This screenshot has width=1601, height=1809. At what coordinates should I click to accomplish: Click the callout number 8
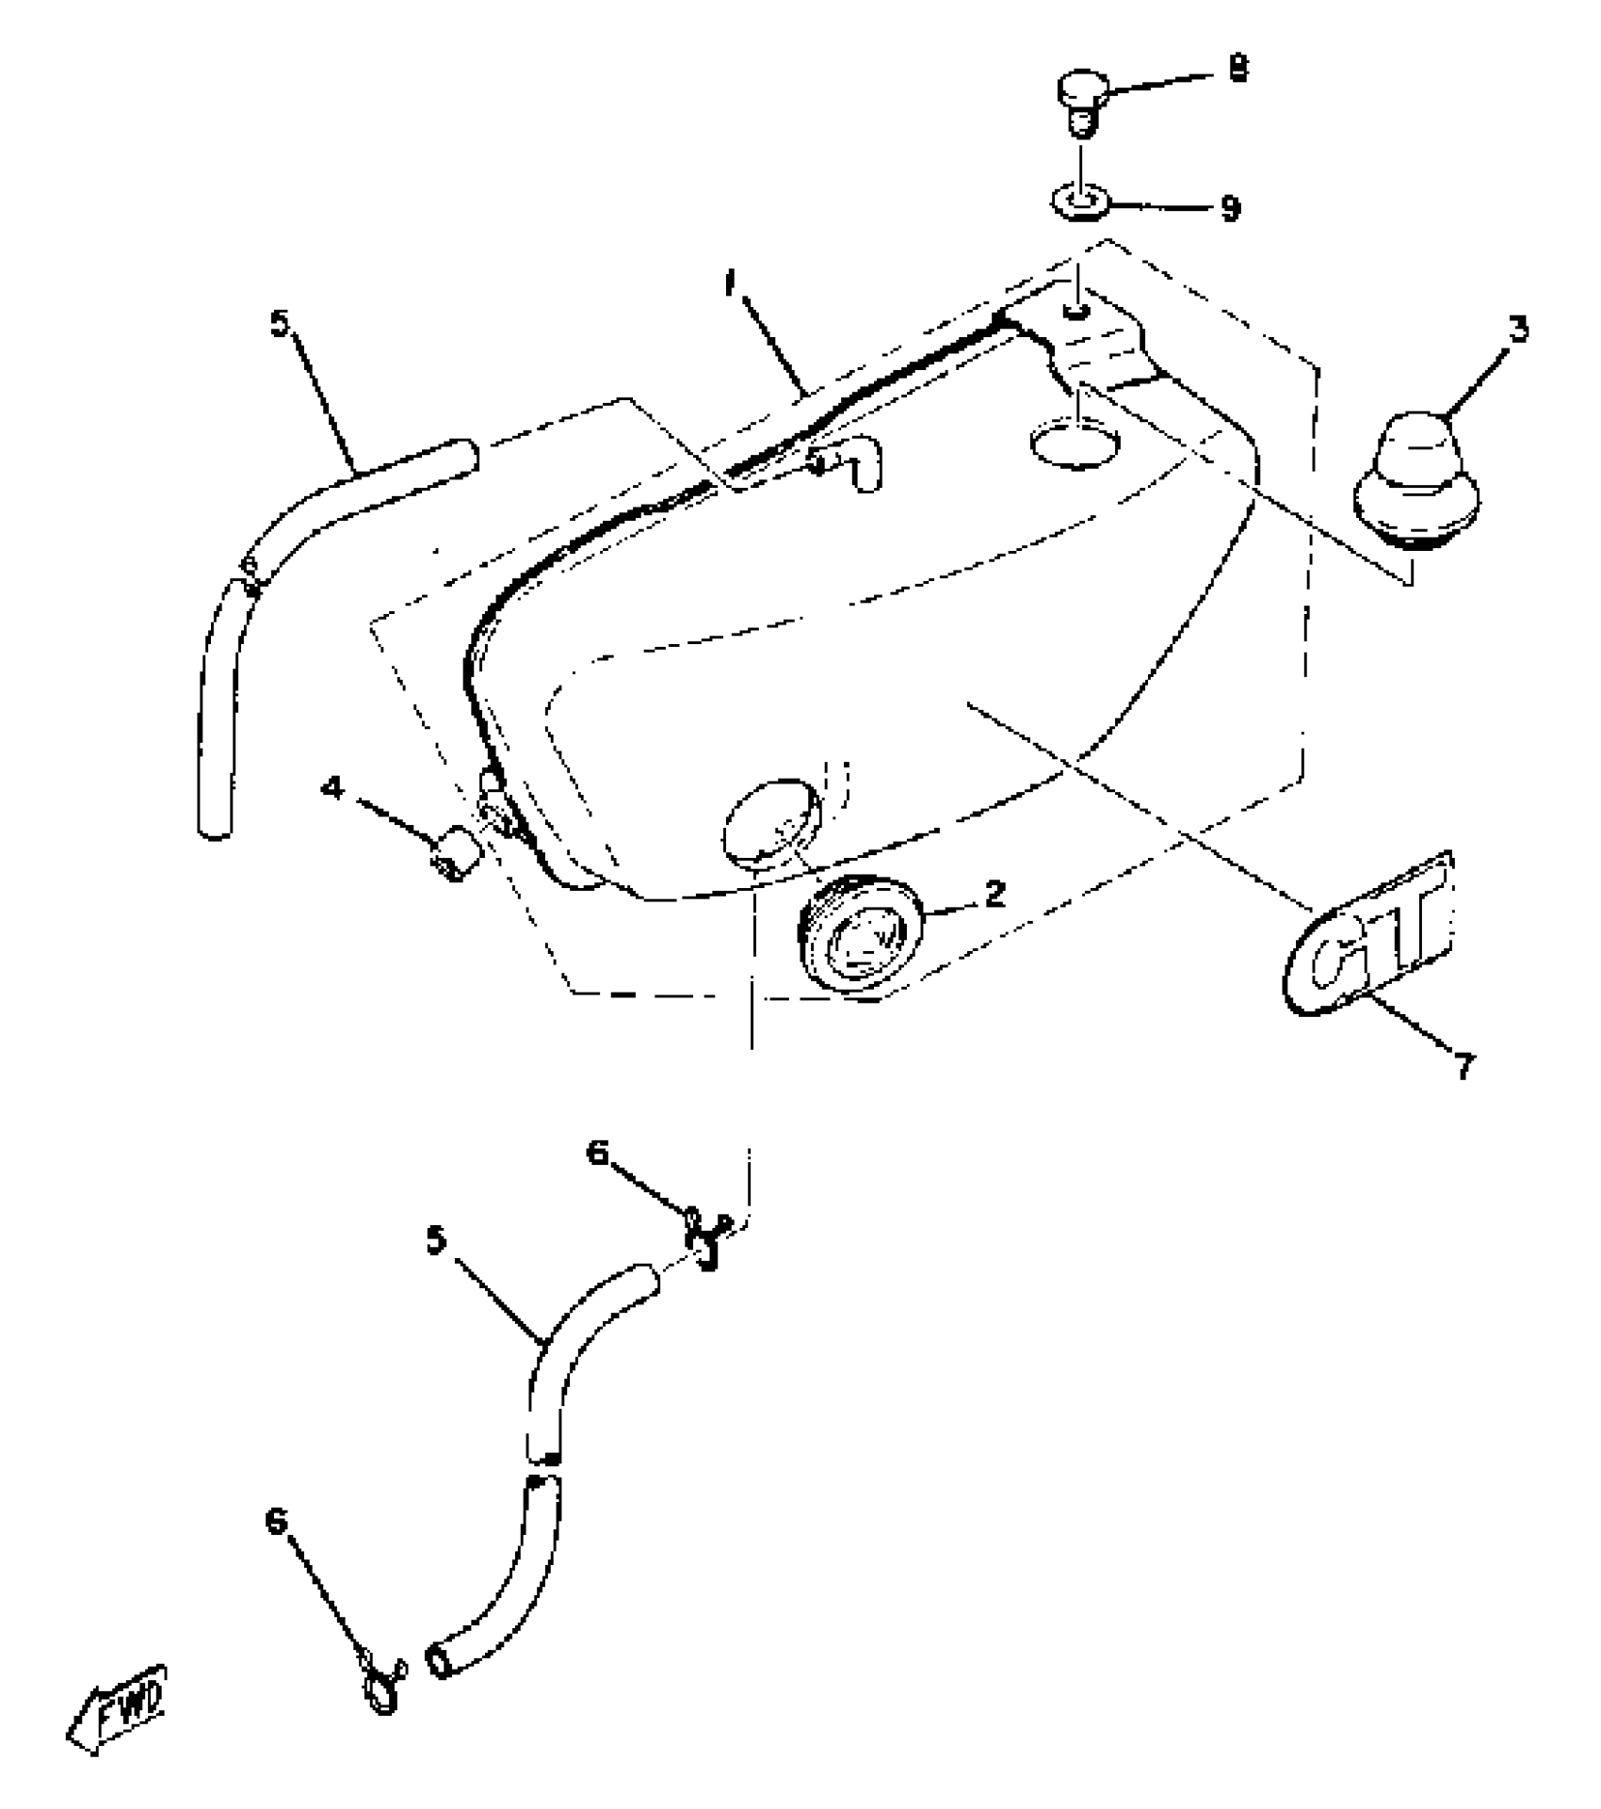coord(1238,68)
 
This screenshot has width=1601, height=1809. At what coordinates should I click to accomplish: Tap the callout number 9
coord(1230,208)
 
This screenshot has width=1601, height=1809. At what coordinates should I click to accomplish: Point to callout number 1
coord(731,284)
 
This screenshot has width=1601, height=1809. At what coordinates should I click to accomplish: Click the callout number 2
coord(995,893)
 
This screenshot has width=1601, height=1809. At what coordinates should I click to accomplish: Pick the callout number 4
coord(332,787)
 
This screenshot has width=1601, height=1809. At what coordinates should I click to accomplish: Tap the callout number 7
coord(1462,1068)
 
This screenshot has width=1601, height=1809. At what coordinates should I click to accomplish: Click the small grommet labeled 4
coord(455,853)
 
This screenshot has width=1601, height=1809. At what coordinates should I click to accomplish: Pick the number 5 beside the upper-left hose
coord(280,325)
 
